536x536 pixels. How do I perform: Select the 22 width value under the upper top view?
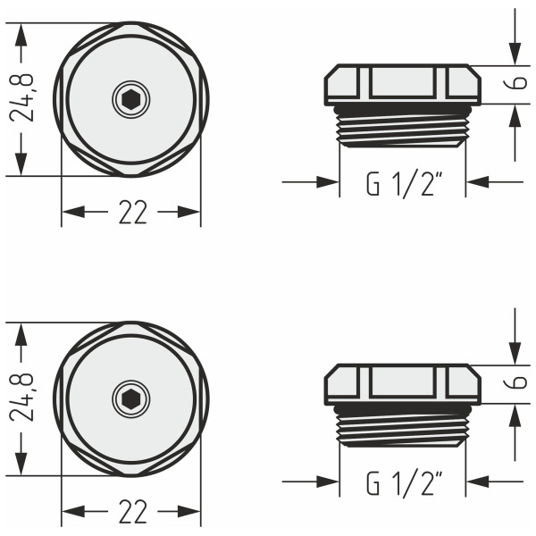point(131,213)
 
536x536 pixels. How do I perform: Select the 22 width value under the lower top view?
point(131,512)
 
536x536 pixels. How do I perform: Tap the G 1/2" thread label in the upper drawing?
point(404,184)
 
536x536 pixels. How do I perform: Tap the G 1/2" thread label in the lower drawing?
point(404,484)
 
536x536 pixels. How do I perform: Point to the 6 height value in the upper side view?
point(520,84)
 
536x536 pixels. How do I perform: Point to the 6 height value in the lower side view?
point(520,383)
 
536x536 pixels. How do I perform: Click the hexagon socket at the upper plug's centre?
point(131,99)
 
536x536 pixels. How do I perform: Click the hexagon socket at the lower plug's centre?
point(131,398)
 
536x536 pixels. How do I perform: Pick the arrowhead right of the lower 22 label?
point(189,512)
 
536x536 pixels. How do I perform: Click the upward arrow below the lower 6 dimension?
point(515,417)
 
